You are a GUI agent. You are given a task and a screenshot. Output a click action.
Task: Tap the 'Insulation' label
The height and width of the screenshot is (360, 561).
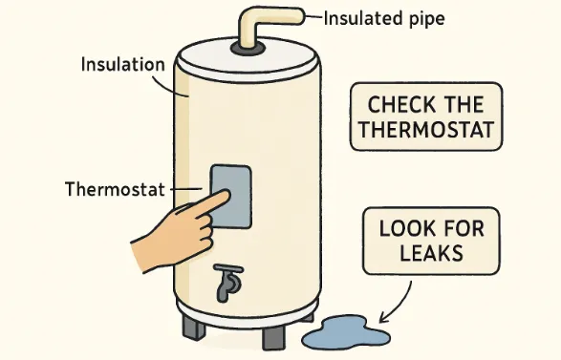[124, 65]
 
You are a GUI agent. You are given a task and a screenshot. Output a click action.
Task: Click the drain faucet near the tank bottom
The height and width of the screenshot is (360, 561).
[227, 281]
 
